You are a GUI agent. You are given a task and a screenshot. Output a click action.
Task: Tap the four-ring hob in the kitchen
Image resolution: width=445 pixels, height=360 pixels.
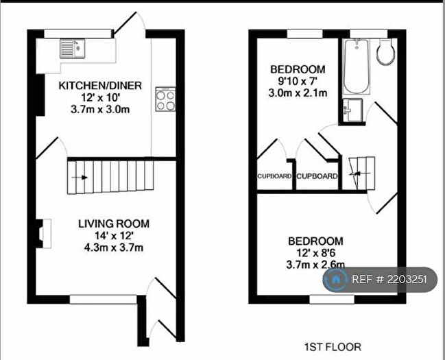[165, 100]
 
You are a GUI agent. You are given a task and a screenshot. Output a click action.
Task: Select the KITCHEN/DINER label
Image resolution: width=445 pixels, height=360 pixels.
[100, 86]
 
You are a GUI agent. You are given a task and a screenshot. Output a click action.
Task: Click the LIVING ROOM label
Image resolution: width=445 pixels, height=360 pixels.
[113, 224]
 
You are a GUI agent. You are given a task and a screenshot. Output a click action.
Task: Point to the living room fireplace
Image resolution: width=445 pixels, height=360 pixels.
[43, 232]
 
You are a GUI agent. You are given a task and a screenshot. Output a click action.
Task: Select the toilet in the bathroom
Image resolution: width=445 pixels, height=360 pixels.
[385, 52]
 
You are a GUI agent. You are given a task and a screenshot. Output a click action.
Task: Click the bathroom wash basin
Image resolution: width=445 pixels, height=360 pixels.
[354, 110]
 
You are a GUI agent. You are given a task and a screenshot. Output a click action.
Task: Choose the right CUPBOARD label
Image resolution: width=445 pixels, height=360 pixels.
[317, 176]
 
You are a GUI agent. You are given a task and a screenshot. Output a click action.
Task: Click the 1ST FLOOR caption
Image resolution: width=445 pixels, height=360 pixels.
[333, 347]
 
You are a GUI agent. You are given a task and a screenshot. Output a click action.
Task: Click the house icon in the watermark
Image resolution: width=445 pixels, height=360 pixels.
[337, 279]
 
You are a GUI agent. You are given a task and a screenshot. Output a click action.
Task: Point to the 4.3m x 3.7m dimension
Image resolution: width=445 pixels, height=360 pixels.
[113, 248]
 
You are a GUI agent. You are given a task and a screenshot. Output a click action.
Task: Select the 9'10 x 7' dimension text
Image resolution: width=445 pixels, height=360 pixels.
[297, 81]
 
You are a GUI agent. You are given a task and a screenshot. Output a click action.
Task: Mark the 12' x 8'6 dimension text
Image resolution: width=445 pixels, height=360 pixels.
[315, 253]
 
